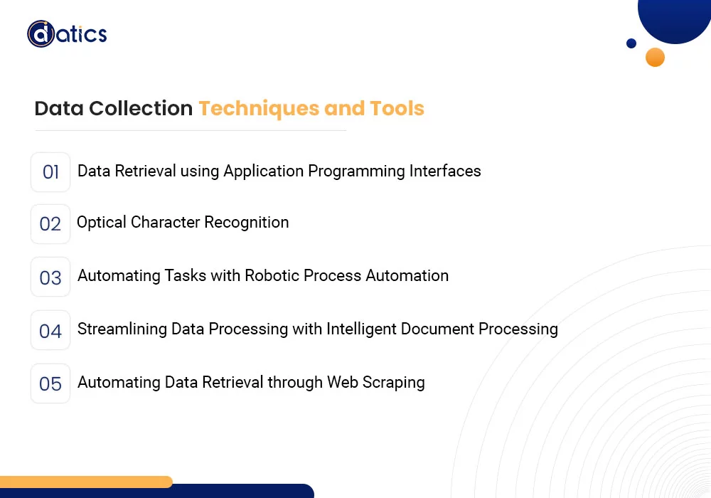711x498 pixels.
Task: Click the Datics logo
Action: tap(67, 34)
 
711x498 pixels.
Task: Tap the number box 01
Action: tap(50, 172)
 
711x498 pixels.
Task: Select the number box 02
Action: tap(50, 224)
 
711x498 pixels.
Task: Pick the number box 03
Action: tap(50, 277)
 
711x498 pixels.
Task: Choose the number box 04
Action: tap(50, 330)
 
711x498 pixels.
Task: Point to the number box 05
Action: tap(50, 383)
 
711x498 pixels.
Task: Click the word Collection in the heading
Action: tap(141, 109)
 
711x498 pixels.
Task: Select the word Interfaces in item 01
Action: tap(445, 171)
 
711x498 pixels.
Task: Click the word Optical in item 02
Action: tap(101, 223)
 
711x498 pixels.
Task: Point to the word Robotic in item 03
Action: tap(270, 276)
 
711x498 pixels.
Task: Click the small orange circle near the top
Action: tap(655, 57)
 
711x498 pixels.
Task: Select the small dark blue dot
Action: tap(631, 43)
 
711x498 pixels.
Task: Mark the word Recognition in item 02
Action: tap(247, 223)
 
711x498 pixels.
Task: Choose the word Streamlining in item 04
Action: tap(119, 329)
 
